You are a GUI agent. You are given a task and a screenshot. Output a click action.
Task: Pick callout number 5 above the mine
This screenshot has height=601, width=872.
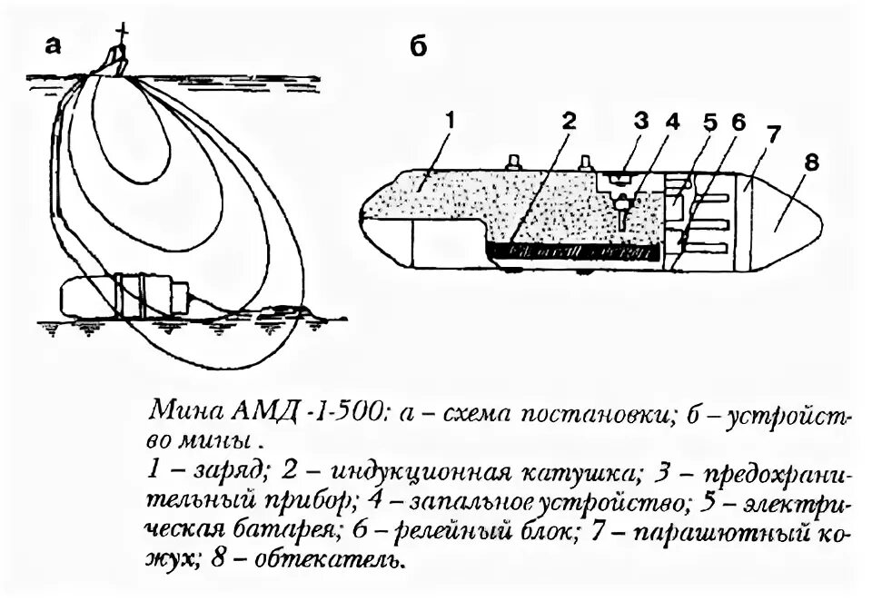pos(710,121)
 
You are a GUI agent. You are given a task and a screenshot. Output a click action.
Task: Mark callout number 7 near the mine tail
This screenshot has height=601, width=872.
pos(772,136)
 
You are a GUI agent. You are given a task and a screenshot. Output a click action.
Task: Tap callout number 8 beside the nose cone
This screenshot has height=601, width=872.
pos(811,163)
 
